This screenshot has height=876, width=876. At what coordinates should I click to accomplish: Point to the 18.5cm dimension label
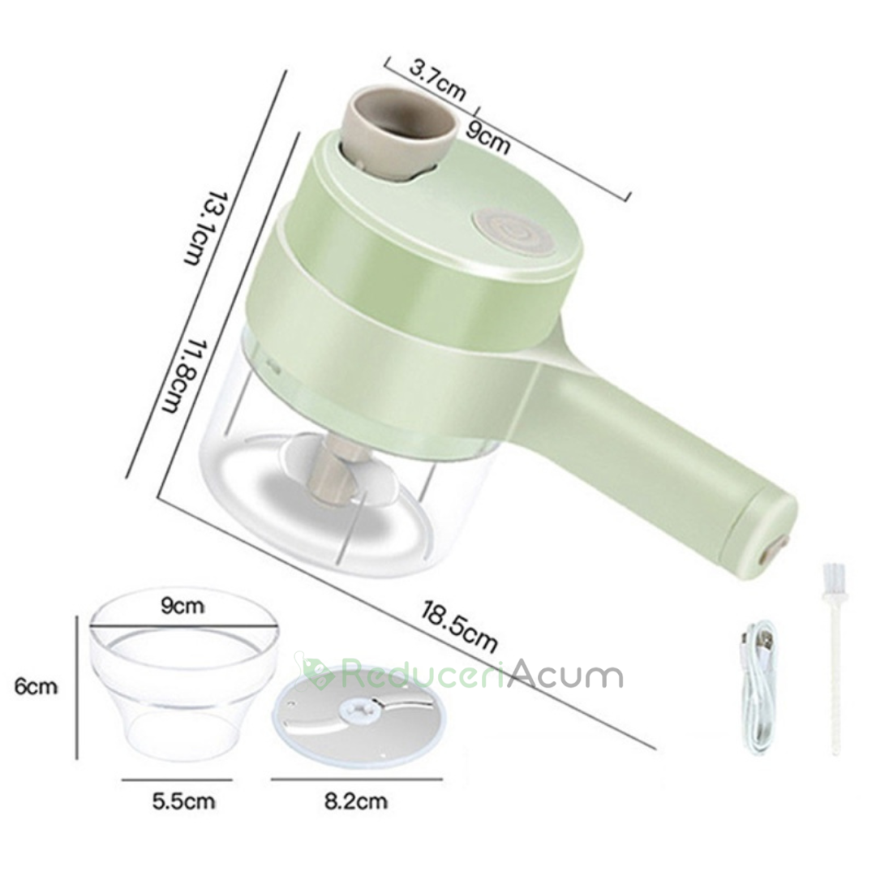(460, 625)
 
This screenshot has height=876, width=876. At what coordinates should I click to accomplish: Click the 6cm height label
(36, 687)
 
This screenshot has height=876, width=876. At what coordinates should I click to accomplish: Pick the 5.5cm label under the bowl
(184, 801)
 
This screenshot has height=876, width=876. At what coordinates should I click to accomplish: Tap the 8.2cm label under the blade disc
(356, 801)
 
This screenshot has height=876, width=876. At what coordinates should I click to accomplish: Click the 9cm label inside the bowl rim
(182, 606)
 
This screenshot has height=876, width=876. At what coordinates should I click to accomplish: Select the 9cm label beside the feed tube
(488, 138)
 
